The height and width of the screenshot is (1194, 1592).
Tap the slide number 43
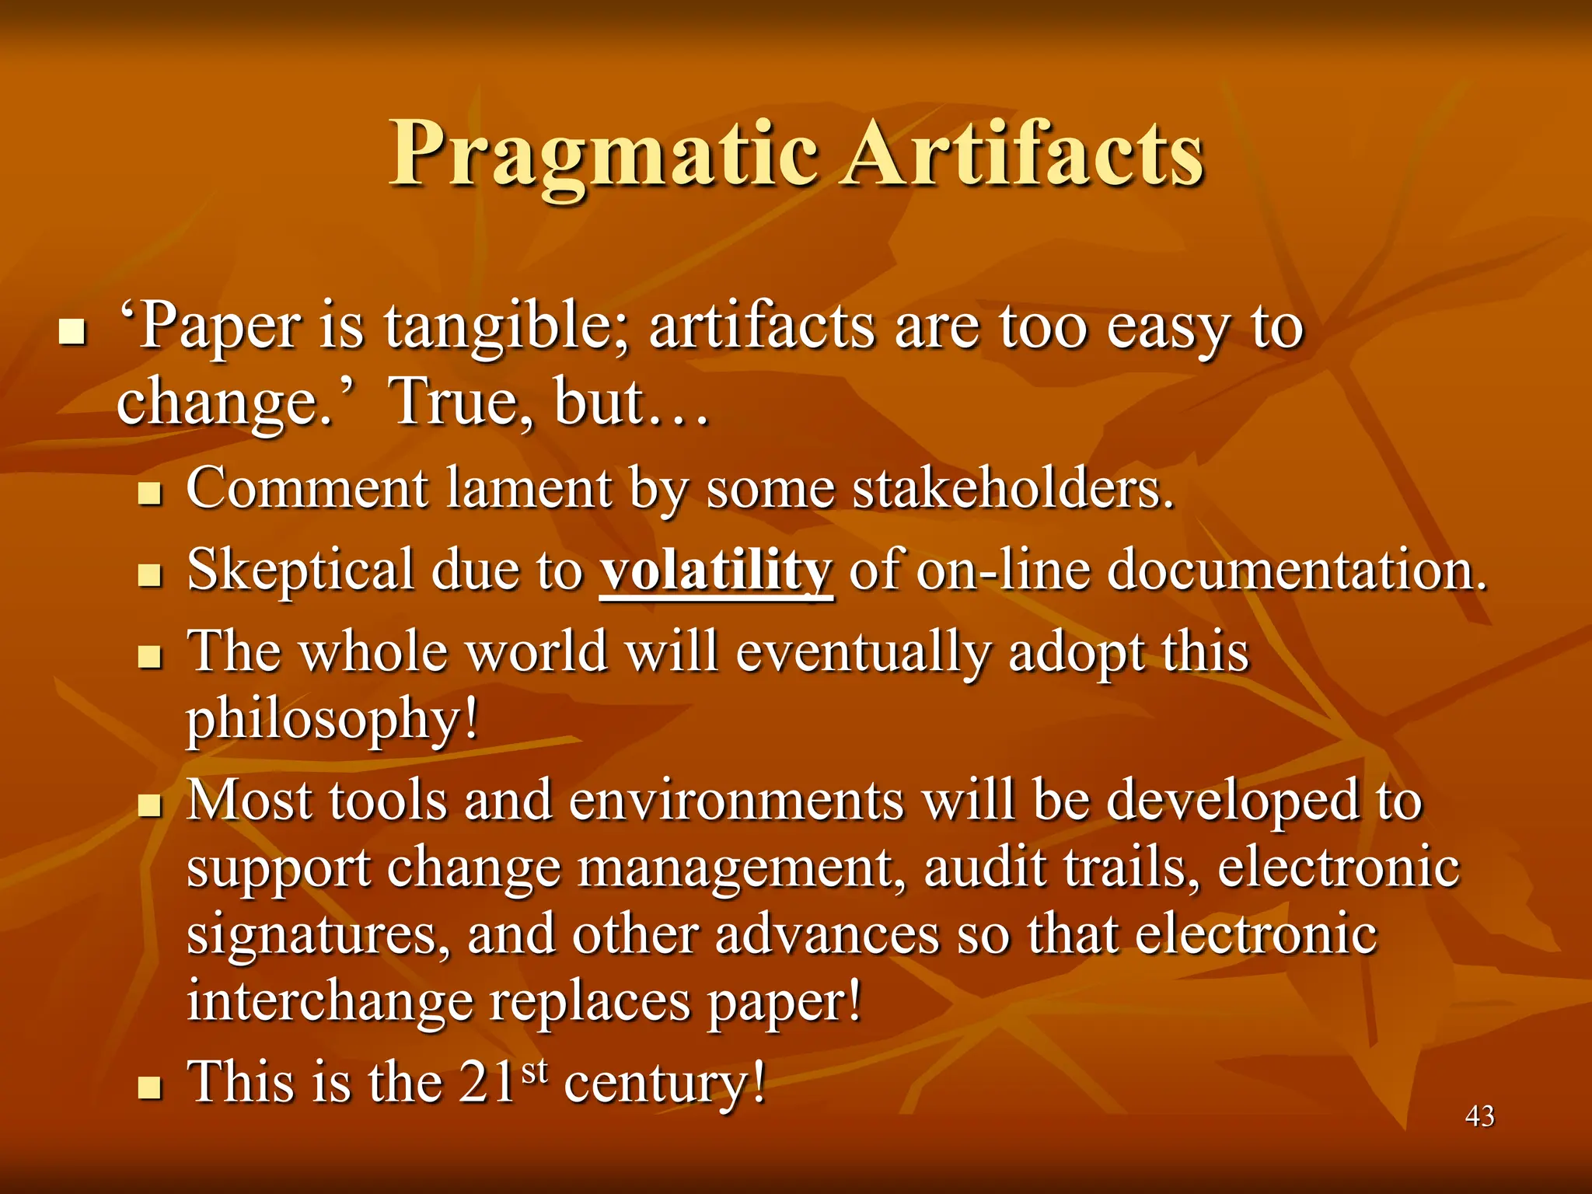[1479, 1116]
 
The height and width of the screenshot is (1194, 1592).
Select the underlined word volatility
[715, 570]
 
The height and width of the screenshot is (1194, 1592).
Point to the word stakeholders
[1012, 489]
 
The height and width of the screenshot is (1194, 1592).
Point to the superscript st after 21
[535, 1070]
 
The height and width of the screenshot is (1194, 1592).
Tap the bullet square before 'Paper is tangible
[72, 333]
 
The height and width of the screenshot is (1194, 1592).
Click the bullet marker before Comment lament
[148, 494]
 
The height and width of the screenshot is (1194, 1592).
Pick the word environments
[736, 801]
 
